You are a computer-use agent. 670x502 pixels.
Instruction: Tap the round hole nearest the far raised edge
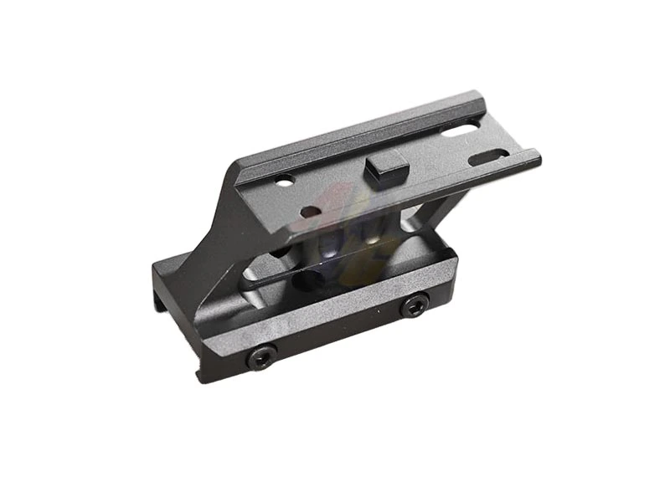point(285,178)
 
